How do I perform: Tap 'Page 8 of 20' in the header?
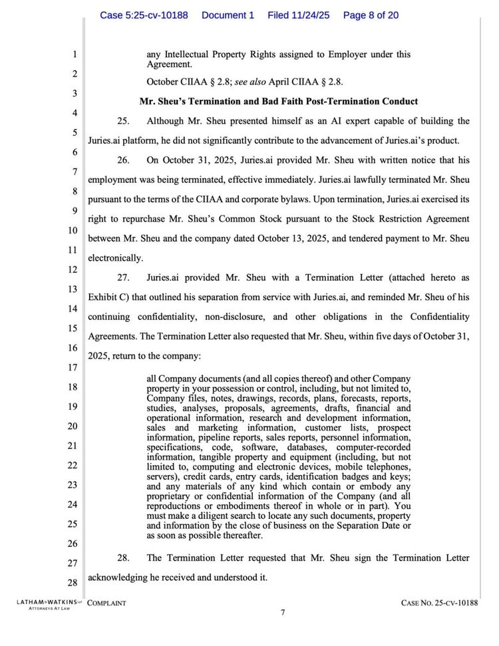tap(371, 15)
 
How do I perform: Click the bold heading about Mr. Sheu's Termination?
tap(278, 102)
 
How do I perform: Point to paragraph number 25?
tap(123, 121)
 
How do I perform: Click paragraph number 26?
tap(123, 160)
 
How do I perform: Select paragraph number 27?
tap(123, 278)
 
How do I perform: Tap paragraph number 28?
tap(123, 558)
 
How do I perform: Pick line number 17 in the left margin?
tap(73, 367)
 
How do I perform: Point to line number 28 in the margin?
tap(73, 583)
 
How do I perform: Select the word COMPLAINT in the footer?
tap(107, 603)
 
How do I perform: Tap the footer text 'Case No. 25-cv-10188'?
tap(440, 603)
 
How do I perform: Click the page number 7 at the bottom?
tap(283, 613)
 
